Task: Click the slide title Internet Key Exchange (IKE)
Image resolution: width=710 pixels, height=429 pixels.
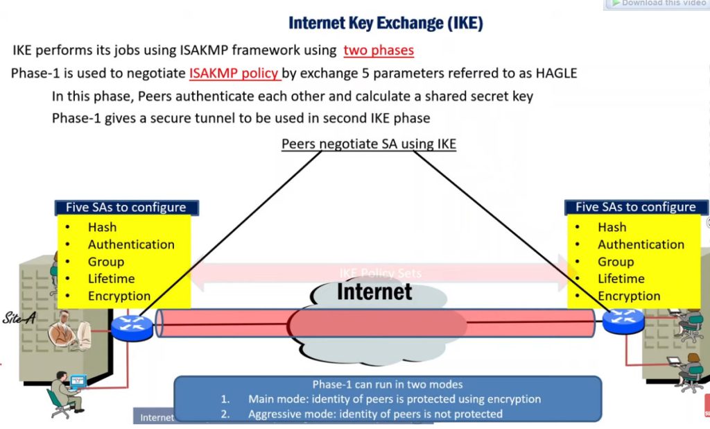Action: tap(386, 23)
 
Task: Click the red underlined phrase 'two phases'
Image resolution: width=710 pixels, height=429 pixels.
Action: tap(379, 50)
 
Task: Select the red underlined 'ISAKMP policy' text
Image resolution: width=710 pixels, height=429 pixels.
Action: tap(234, 73)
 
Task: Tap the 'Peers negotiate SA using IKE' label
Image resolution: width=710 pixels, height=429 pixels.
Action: tap(368, 144)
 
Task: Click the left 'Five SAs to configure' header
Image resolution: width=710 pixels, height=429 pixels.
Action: tap(126, 207)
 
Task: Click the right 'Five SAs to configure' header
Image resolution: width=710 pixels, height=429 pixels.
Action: tap(635, 207)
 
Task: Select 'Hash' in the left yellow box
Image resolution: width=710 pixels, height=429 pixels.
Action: tap(102, 227)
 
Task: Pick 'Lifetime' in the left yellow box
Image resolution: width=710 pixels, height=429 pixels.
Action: tap(111, 278)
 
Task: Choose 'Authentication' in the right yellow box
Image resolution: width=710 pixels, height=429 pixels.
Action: tap(641, 244)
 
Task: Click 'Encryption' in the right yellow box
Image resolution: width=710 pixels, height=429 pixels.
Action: tap(629, 296)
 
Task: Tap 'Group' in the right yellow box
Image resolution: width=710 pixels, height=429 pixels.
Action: tap(616, 262)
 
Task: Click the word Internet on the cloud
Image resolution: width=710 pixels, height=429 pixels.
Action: tap(374, 292)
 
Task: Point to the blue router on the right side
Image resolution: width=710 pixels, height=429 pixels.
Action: tap(623, 321)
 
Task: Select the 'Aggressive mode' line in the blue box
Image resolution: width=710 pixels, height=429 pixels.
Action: tap(375, 414)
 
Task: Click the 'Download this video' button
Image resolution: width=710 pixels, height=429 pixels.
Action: tap(657, 3)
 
